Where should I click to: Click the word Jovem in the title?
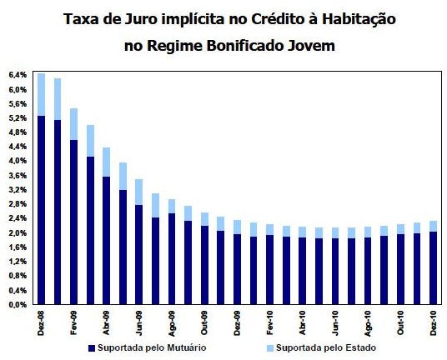tap(309, 46)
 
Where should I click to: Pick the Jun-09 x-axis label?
tap(139, 321)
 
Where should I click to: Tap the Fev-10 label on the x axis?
tap(269, 321)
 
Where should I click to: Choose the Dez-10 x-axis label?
tap(432, 321)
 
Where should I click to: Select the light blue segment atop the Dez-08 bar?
tap(41, 94)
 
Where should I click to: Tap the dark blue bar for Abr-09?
tap(106, 241)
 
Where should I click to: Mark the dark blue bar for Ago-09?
tap(171, 259)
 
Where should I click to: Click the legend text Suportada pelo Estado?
tap(328, 346)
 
